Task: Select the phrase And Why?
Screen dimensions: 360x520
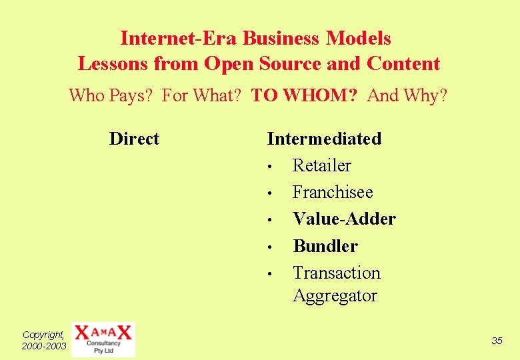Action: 407,96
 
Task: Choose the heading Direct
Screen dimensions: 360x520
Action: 134,139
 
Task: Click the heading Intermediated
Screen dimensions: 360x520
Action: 324,139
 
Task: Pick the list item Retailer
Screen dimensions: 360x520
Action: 321,165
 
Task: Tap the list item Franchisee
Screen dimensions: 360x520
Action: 333,193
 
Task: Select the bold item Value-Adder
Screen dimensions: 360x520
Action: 344,219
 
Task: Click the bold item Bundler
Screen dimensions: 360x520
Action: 325,246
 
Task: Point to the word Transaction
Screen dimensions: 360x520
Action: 337,273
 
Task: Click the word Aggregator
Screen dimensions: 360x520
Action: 335,295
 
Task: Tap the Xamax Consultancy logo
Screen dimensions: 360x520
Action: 103,339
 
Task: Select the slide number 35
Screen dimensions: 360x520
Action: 497,341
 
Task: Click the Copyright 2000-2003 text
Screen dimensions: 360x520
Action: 44,340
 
